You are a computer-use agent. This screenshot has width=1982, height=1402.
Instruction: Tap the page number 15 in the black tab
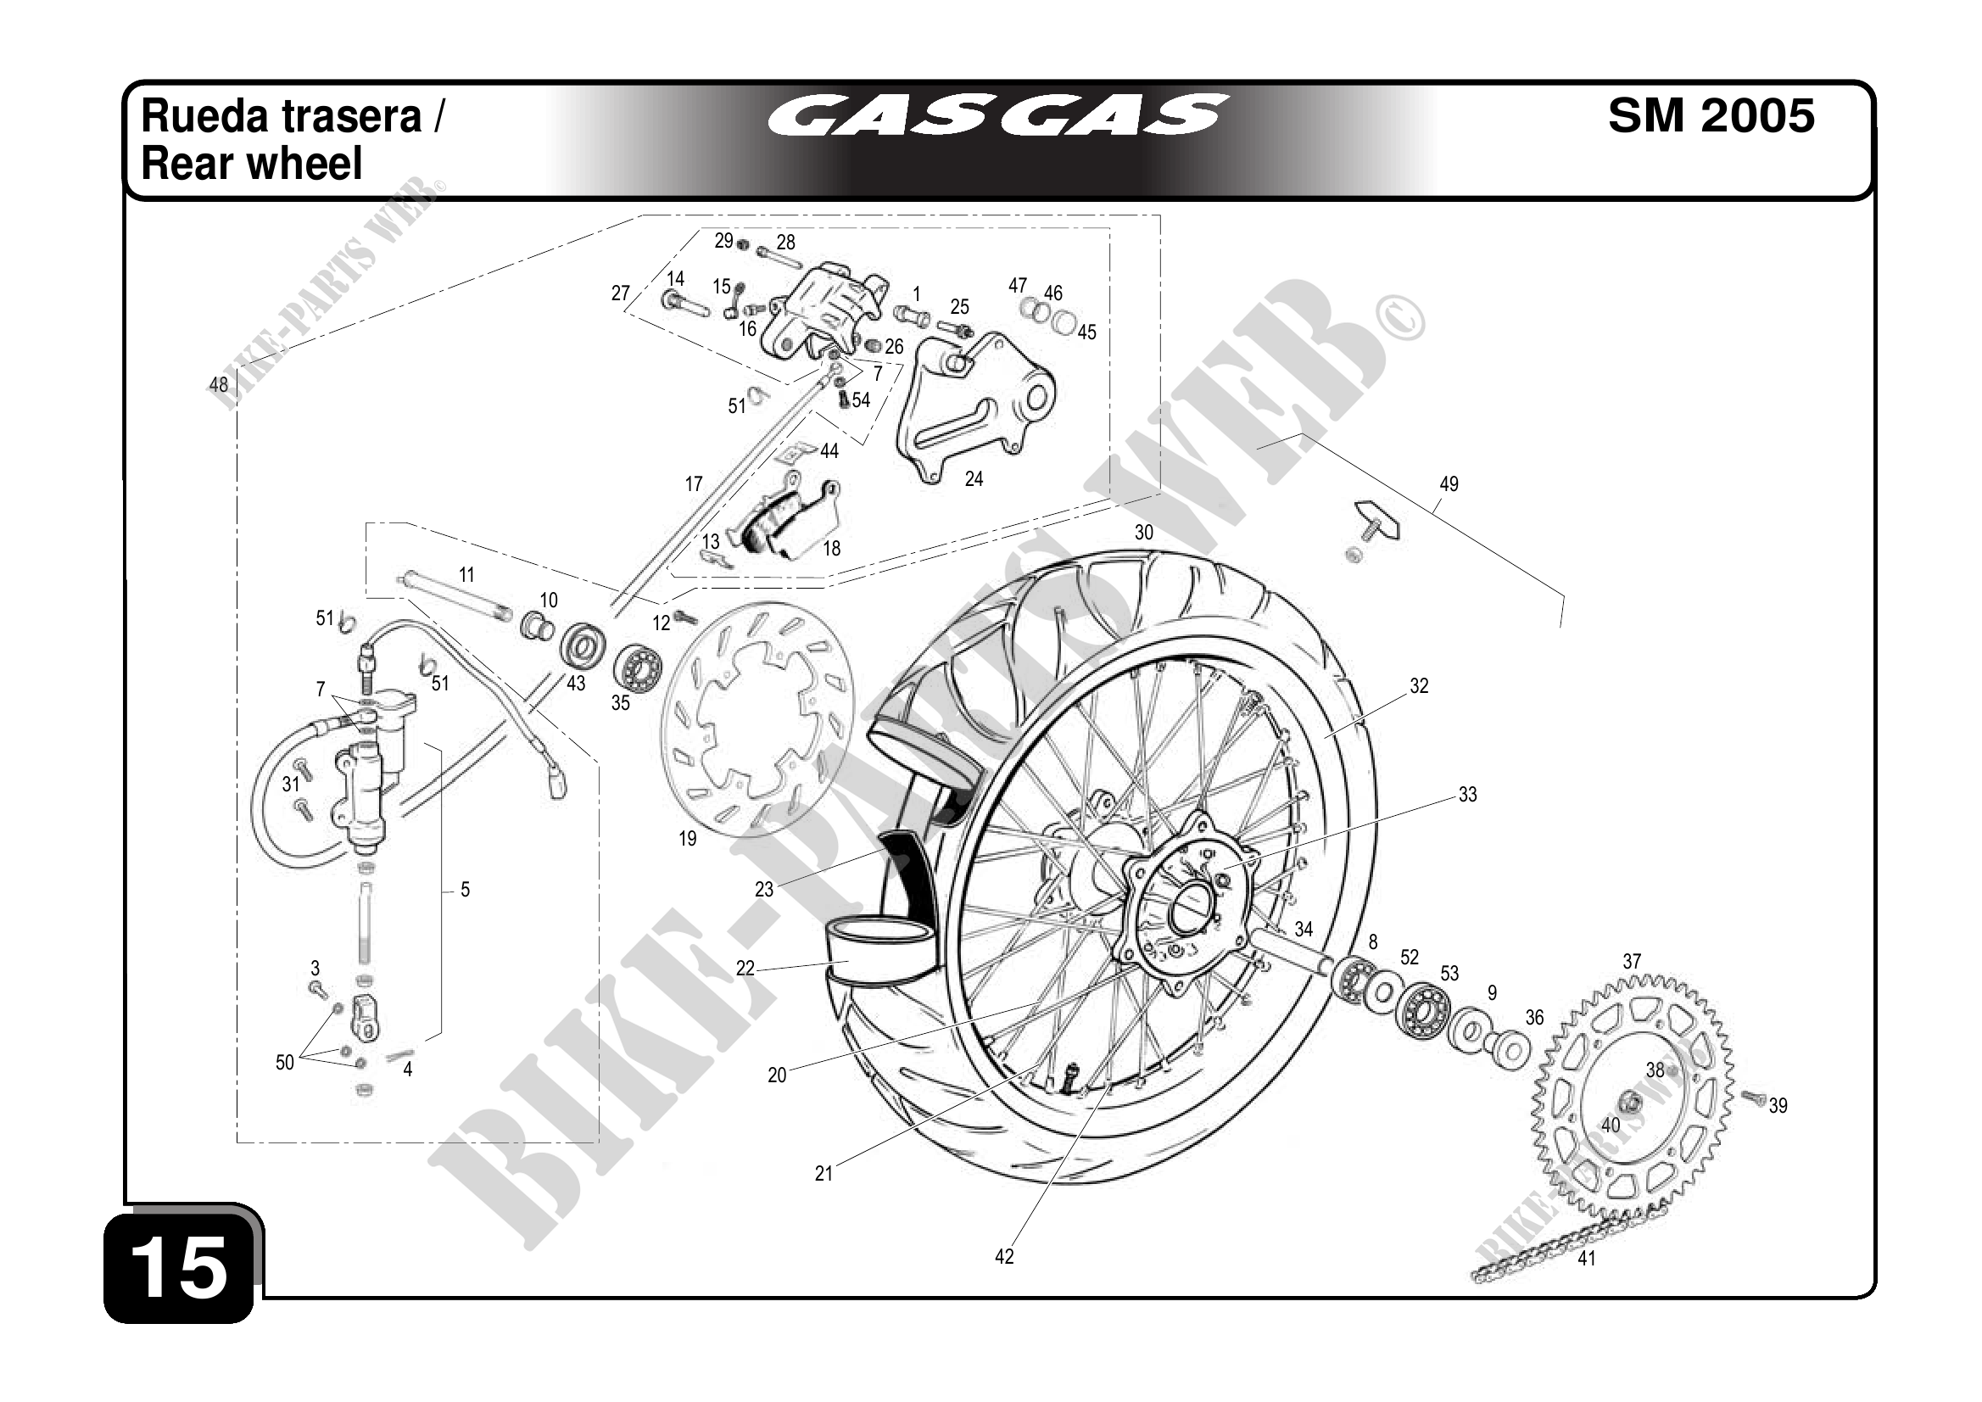(181, 1268)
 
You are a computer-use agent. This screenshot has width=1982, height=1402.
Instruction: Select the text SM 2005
(1711, 115)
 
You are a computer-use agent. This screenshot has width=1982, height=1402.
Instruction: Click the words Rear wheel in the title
(251, 164)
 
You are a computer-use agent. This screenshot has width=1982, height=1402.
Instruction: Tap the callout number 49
(1449, 484)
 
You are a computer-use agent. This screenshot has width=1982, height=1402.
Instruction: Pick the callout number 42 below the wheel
(1004, 1257)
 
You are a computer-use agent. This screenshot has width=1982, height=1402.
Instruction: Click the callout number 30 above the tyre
(1144, 533)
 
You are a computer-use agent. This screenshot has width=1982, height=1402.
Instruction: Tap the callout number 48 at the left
(219, 384)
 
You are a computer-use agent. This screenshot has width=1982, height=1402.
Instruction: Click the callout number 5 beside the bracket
(466, 889)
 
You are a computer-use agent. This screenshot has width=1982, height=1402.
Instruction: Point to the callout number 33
(1467, 794)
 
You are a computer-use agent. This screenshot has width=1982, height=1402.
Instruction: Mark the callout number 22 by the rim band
(745, 969)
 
